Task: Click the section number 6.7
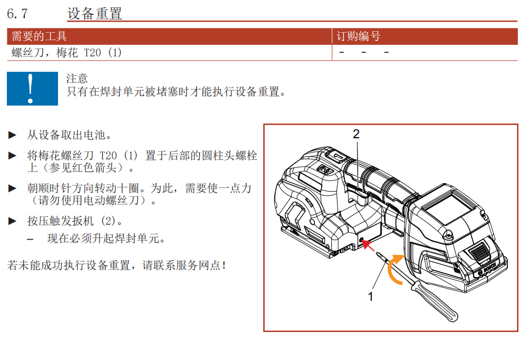click(x=21, y=13)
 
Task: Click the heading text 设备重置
click(x=95, y=13)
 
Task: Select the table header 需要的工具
click(x=40, y=36)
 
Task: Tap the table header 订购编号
click(x=359, y=36)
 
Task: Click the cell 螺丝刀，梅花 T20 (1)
click(x=66, y=53)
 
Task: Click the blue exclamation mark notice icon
click(x=32, y=88)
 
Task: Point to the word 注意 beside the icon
click(x=77, y=79)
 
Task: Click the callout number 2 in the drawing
click(x=356, y=134)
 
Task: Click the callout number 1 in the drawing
click(x=371, y=296)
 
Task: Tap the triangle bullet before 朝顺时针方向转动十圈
click(x=12, y=188)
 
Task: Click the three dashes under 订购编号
click(x=364, y=53)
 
